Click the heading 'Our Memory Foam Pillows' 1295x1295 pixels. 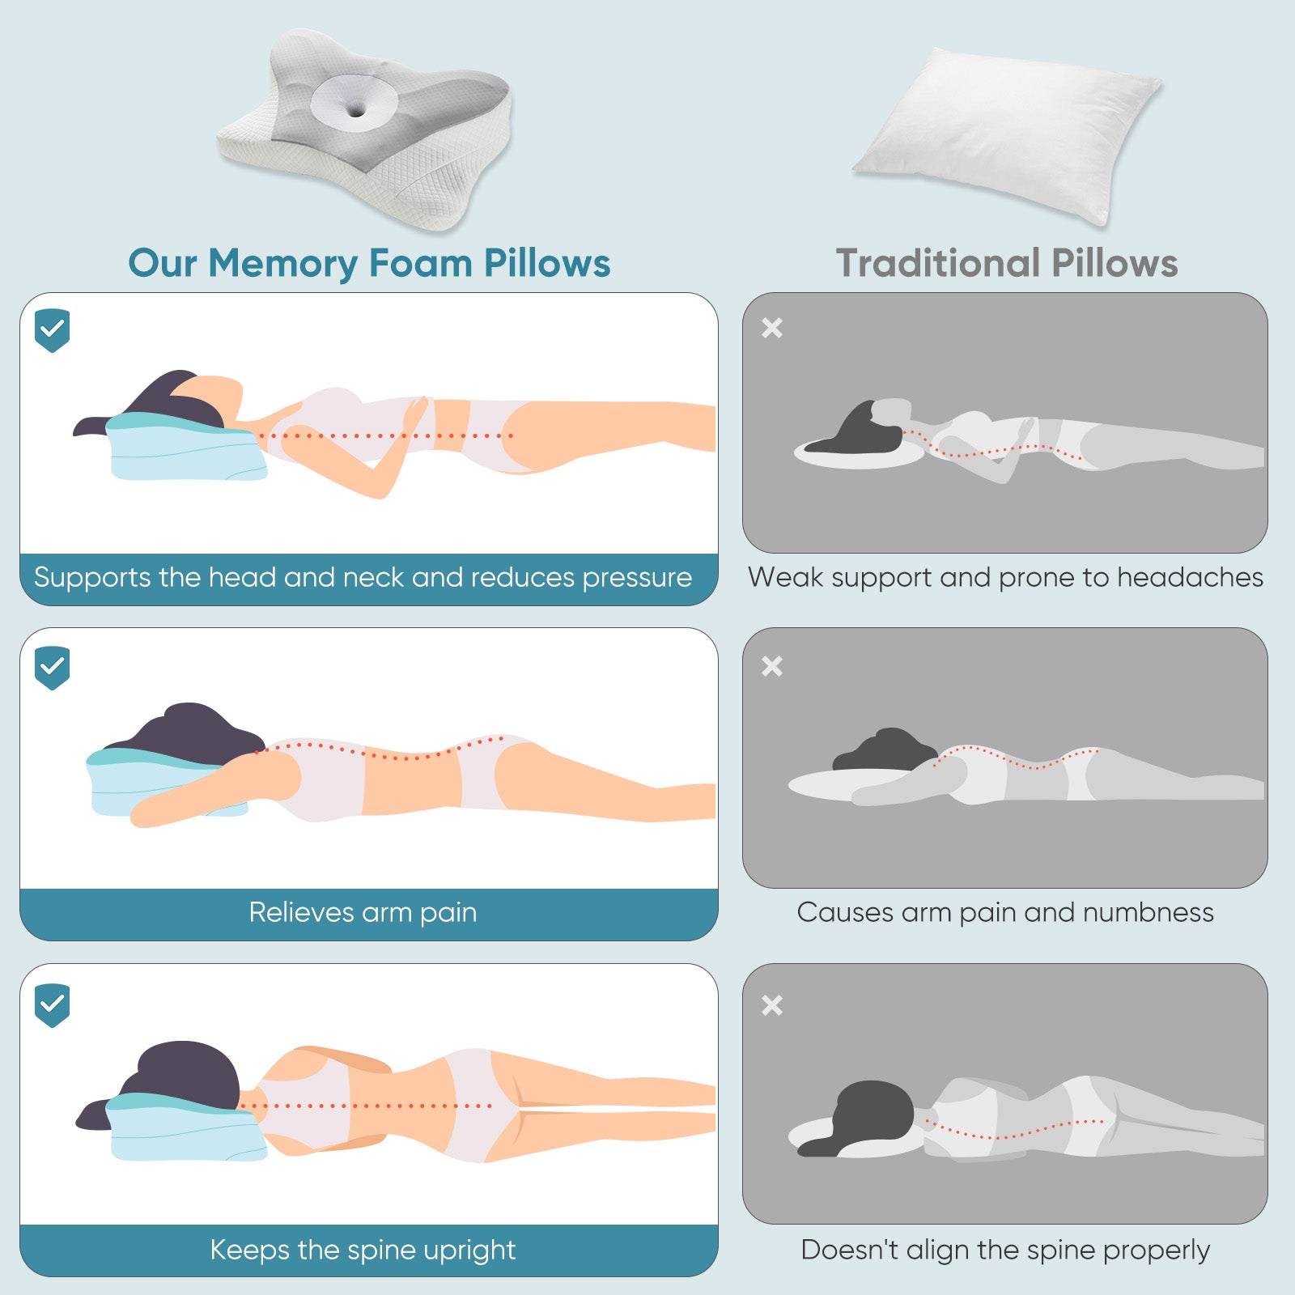(369, 263)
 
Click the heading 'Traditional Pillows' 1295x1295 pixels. (1006, 263)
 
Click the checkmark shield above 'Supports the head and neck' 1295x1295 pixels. (53, 329)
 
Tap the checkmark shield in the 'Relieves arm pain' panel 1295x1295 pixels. (53, 667)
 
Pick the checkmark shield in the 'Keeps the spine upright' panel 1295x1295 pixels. (53, 1004)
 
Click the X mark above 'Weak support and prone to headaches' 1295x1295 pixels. (772, 328)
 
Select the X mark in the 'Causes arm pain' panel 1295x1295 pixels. (772, 666)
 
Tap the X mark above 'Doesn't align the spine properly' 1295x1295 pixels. (772, 1005)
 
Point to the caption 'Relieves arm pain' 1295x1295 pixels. (363, 912)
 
